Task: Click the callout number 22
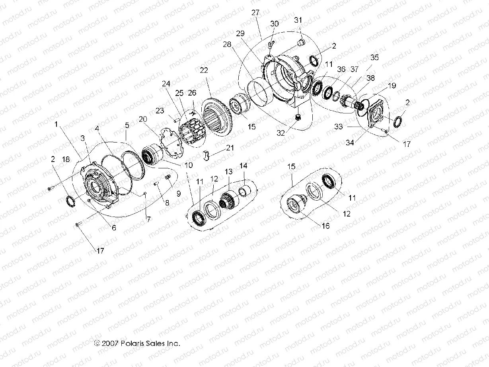click(204, 70)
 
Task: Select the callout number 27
click(255, 12)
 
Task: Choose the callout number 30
click(275, 24)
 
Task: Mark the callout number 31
click(299, 20)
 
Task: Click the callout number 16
click(326, 226)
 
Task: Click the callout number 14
click(243, 165)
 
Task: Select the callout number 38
click(371, 78)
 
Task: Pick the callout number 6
click(114, 228)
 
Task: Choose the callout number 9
click(178, 194)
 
